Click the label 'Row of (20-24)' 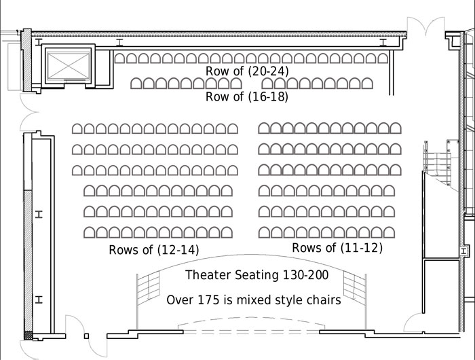(247, 71)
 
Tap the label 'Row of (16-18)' (247, 96)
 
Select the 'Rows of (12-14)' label (154, 250)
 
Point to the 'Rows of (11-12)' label (337, 248)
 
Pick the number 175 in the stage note (208, 300)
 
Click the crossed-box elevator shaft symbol (69, 66)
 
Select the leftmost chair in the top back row (119, 58)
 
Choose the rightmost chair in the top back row (383, 58)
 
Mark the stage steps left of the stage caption (148, 288)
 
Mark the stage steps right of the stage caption (355, 288)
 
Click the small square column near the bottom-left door (87, 336)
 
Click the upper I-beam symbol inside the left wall (39, 215)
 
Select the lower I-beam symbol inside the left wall (39, 300)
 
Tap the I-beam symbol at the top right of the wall (383, 42)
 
